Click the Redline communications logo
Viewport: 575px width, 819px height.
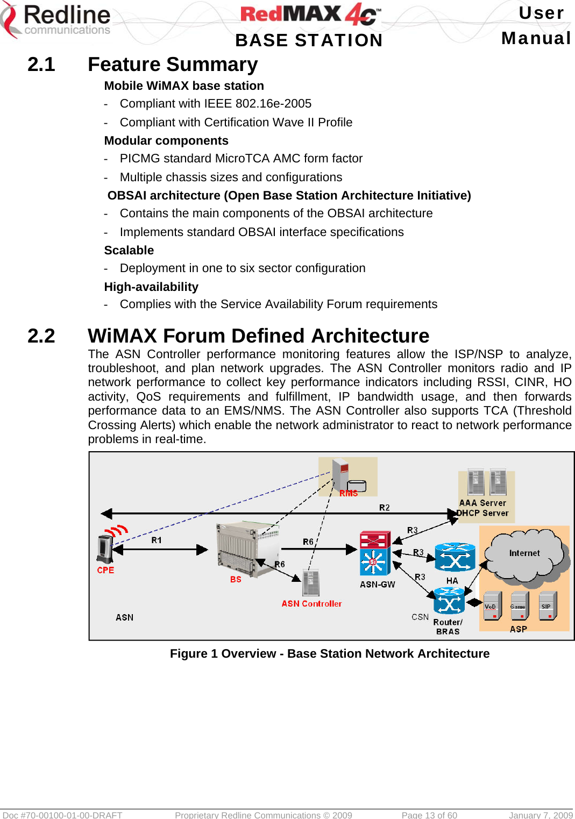point(56,20)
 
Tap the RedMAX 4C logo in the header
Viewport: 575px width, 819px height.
point(310,15)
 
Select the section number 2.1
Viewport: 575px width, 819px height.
point(41,65)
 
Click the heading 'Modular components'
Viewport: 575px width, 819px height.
point(166,141)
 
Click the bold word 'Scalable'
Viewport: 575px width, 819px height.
point(129,251)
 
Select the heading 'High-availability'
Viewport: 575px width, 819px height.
point(151,287)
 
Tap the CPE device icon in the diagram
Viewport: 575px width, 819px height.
point(104,549)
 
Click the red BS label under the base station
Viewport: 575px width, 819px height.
point(236,580)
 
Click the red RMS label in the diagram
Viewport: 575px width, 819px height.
point(349,494)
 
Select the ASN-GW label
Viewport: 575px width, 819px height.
point(377,585)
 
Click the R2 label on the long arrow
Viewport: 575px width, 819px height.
point(384,508)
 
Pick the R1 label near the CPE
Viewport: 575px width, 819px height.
point(157,540)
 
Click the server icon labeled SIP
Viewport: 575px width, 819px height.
point(547,606)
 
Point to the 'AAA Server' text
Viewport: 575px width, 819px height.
point(482,503)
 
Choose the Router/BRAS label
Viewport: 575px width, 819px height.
point(448,627)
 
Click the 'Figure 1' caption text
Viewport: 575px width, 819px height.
point(330,654)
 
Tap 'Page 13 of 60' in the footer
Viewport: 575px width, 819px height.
point(429,815)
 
